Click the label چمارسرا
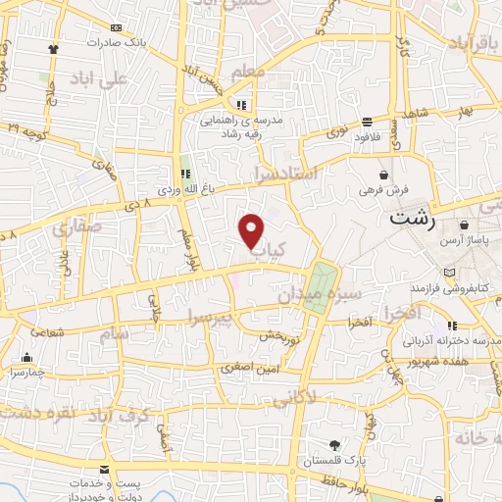[x=25, y=374]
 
